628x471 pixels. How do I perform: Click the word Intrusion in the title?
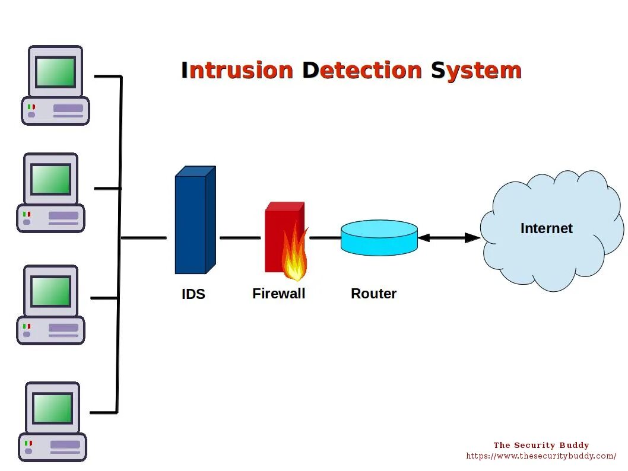[x=237, y=71]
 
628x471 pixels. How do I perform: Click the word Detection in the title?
[x=362, y=71]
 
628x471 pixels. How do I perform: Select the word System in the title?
[x=476, y=71]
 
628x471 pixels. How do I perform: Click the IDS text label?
[x=194, y=294]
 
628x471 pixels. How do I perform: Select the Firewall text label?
[x=278, y=294]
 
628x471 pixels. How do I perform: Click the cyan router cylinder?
[x=379, y=238]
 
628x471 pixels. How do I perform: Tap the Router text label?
[x=373, y=294]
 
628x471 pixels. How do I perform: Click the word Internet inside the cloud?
[x=546, y=228]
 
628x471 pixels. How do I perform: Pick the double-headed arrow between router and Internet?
[x=449, y=238]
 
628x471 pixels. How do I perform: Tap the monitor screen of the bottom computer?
[x=53, y=408]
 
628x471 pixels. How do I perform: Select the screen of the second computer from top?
[x=51, y=180]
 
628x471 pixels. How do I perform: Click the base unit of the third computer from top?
[x=50, y=330]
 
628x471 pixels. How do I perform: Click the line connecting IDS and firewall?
[x=240, y=238]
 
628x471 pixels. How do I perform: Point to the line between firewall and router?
[x=325, y=238]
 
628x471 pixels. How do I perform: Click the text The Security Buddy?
[x=541, y=445]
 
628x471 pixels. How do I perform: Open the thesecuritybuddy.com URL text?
[x=541, y=456]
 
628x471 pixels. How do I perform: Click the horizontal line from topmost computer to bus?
[x=107, y=77]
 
